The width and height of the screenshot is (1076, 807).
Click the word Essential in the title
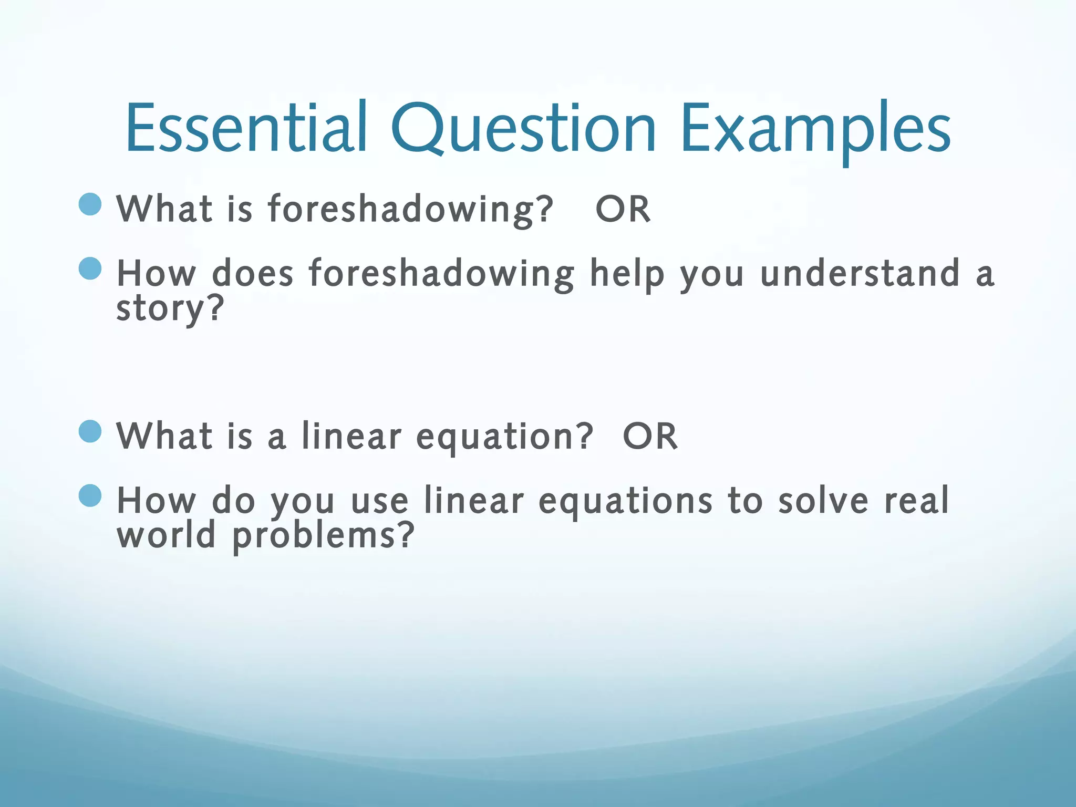click(246, 129)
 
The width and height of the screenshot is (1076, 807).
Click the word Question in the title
click(523, 129)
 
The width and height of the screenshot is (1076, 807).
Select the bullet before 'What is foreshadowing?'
click(90, 204)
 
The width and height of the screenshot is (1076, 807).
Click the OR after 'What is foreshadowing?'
click(623, 209)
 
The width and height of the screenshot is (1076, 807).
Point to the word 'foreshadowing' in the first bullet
click(410, 209)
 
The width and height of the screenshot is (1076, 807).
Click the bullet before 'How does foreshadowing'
click(90, 268)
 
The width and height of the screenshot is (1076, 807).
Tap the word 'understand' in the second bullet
click(860, 274)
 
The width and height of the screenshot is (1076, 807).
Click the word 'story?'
click(170, 309)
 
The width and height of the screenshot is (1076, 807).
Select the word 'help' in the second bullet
click(627, 274)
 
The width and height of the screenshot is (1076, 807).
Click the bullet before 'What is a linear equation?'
click(90, 431)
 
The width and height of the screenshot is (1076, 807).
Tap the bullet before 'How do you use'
click(90, 495)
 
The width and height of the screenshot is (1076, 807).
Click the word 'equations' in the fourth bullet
click(625, 501)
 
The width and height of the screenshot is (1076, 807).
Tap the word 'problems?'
click(323, 536)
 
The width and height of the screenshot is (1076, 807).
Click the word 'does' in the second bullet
click(252, 274)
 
